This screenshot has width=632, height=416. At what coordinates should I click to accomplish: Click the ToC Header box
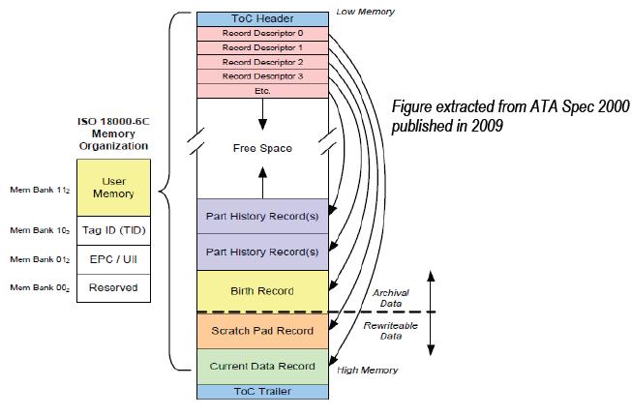point(261,18)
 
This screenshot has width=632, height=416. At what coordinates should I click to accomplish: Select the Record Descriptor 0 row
point(261,33)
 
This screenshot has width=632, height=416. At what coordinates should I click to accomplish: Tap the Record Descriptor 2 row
point(261,62)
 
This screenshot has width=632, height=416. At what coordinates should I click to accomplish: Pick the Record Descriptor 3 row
point(261,76)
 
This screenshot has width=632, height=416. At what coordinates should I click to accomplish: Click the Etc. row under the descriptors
point(261,91)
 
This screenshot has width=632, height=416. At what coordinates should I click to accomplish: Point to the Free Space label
point(261,148)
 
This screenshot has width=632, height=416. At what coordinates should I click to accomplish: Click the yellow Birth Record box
point(261,290)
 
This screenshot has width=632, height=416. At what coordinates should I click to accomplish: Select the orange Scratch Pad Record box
point(261,331)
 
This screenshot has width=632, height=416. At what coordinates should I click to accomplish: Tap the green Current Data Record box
point(261,367)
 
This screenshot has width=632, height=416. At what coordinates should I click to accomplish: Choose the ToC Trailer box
point(261,392)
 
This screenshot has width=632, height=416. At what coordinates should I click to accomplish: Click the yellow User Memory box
point(113,188)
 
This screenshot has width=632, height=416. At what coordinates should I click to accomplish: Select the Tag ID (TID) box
point(113,230)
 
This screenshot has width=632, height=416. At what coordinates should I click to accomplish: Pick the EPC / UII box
point(113,259)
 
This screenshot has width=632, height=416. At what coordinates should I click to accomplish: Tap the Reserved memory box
point(113,287)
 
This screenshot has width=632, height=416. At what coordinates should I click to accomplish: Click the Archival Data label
point(390,297)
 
